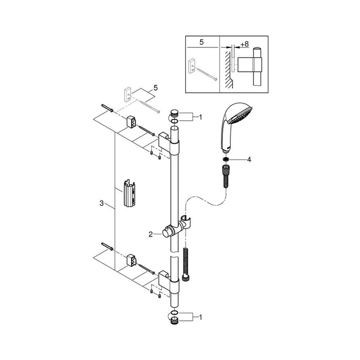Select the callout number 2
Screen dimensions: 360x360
pos(151,234)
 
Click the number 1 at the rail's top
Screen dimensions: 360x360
pos(200,118)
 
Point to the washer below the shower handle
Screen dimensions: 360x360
pos(225,159)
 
